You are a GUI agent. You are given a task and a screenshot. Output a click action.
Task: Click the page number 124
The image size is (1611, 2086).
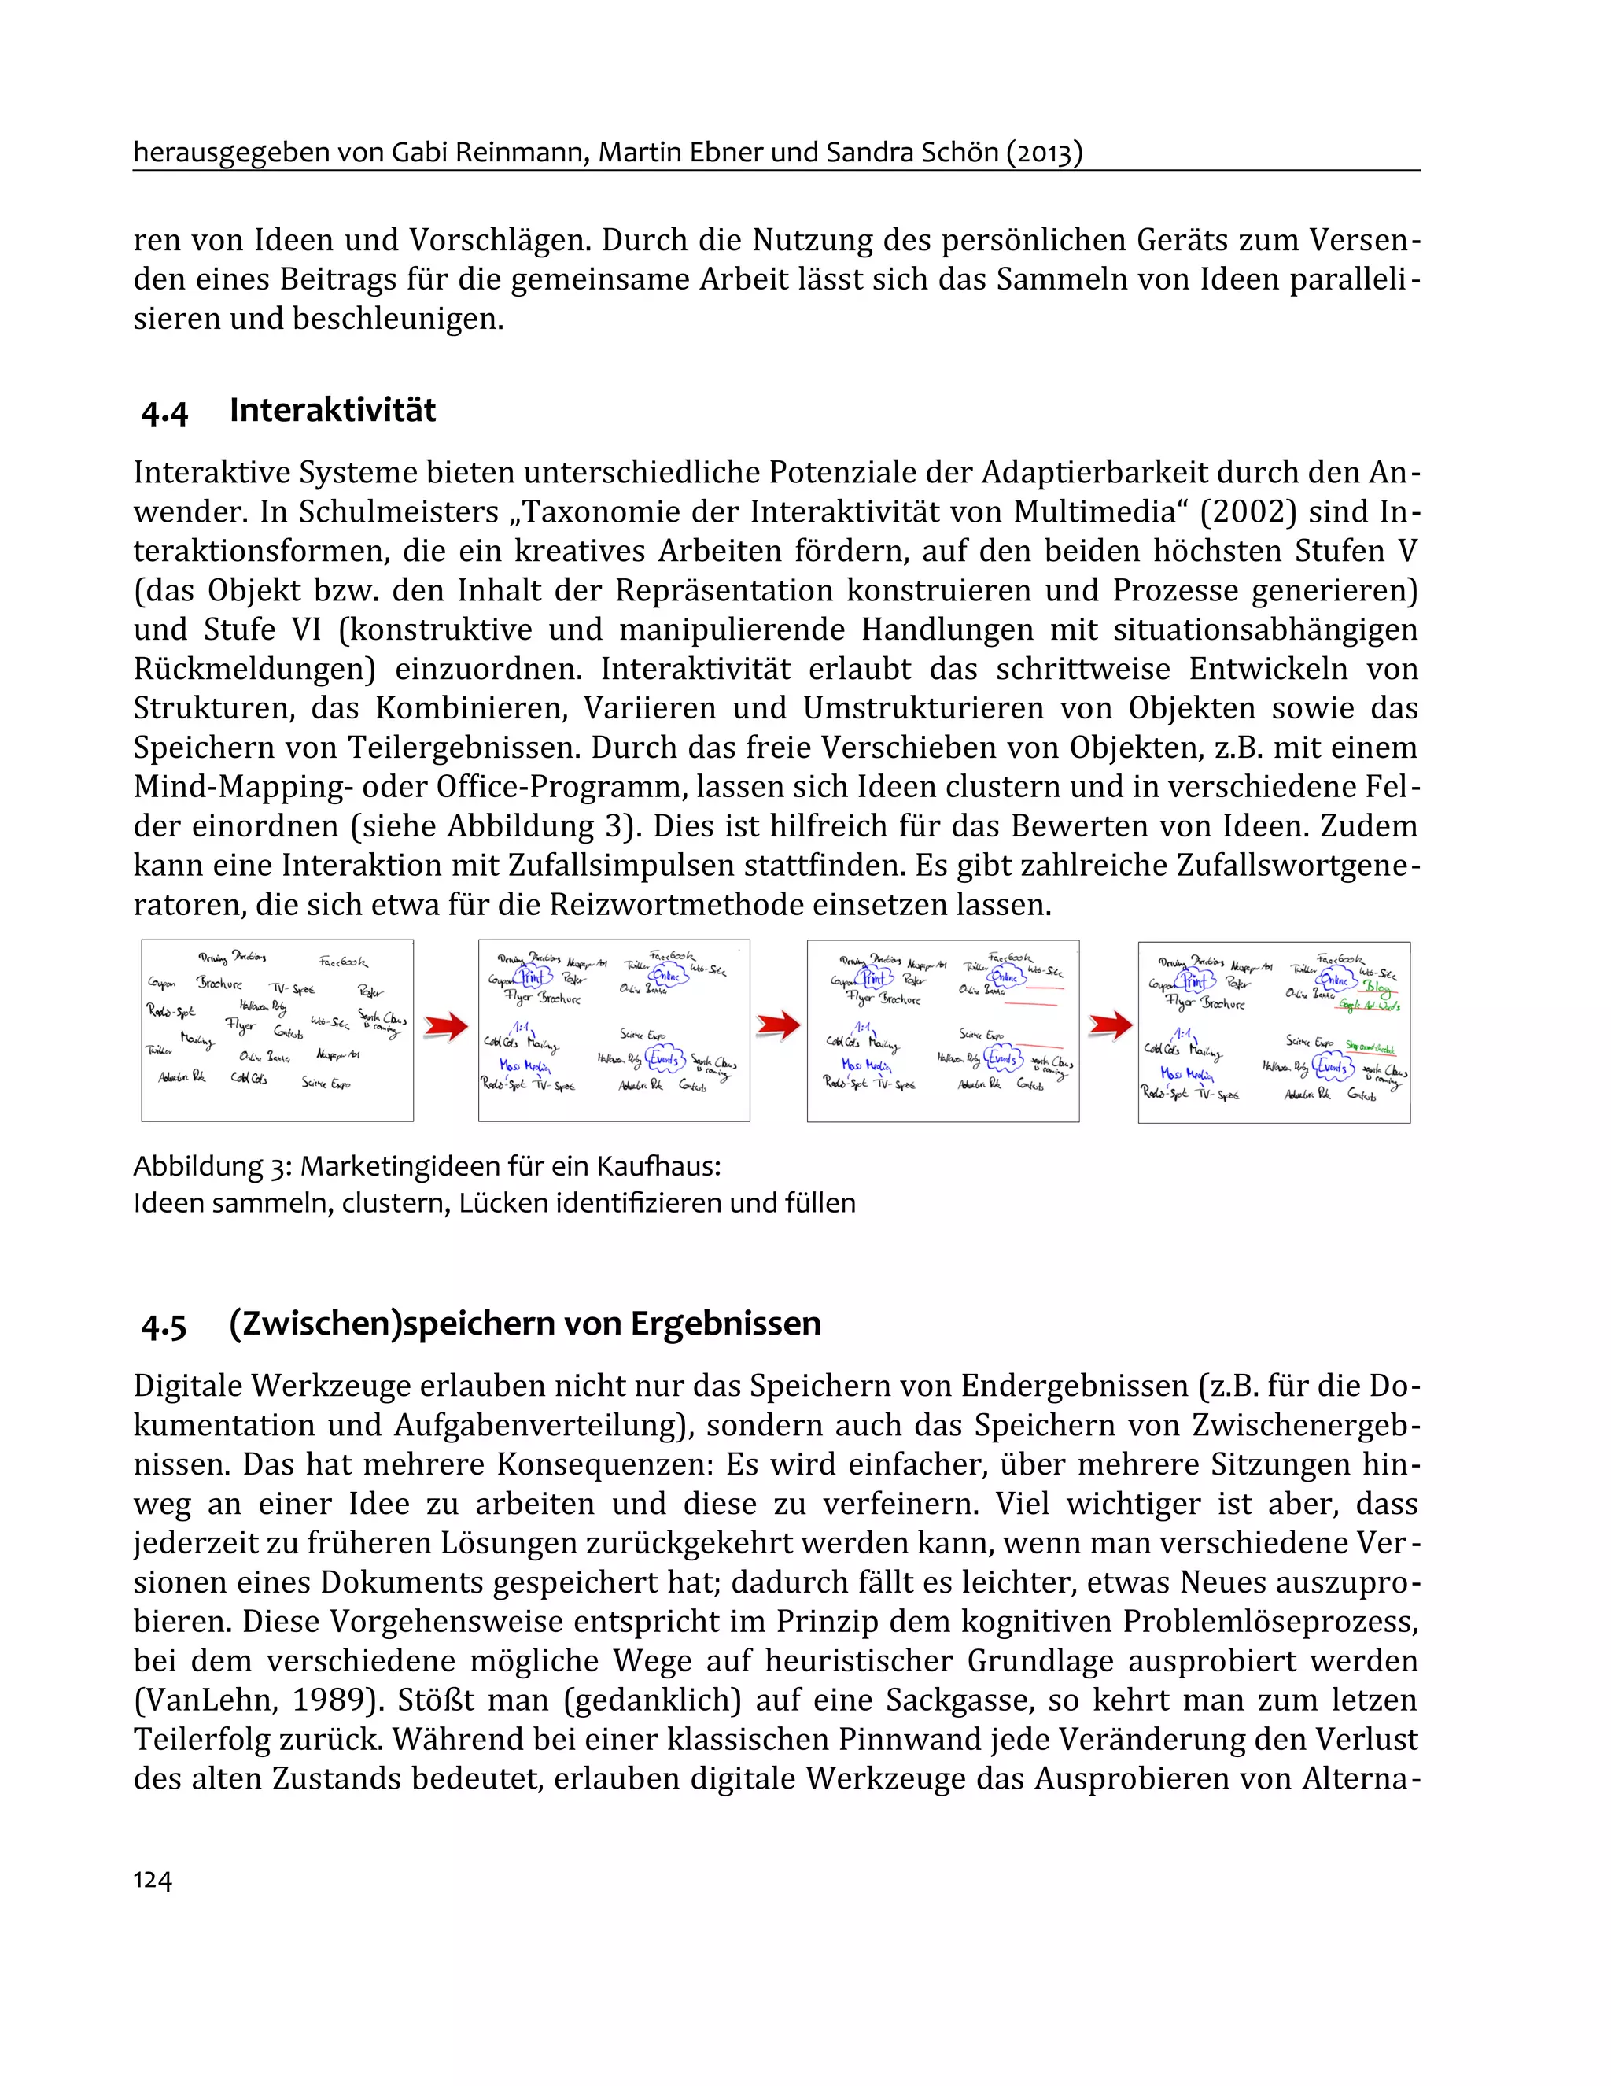(152, 1880)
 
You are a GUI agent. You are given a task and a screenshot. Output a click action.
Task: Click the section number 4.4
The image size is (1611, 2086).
(164, 412)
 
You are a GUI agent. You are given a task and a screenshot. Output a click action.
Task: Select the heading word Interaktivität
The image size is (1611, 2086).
(332, 411)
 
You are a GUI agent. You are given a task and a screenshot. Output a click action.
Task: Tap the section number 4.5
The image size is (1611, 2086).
(164, 1326)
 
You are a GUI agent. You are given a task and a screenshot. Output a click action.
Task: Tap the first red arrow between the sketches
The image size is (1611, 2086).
(445, 1027)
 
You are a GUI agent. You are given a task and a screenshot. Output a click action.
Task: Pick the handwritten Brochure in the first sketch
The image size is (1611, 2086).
(219, 983)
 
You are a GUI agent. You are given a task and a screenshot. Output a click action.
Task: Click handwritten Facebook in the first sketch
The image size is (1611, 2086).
(343, 962)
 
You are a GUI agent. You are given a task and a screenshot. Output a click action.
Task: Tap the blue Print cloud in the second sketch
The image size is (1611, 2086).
(532, 977)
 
